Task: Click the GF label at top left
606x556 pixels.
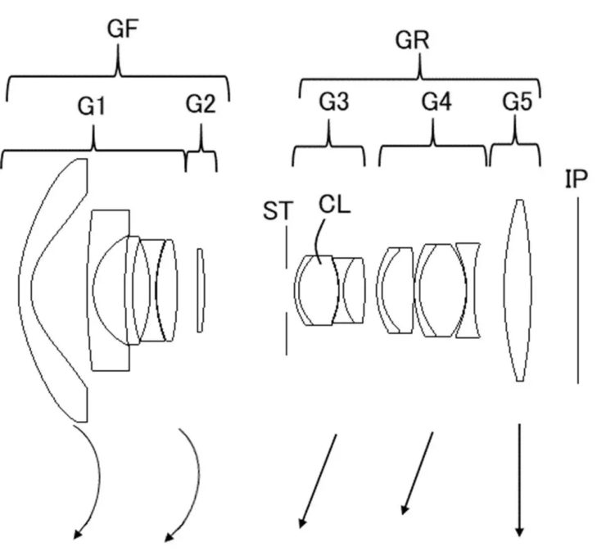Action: pos(123,29)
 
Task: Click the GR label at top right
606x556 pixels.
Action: pos(412,40)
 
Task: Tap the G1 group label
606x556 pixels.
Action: pos(91,106)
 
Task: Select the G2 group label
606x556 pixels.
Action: pos(201,103)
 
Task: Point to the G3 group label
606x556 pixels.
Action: pos(334,102)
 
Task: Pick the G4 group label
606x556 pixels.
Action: pos(436,102)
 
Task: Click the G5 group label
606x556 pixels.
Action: pos(517,102)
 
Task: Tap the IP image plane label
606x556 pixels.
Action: pos(577,179)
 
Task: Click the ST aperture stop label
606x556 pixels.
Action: pos(278,211)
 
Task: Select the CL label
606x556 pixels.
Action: pos(335,205)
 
